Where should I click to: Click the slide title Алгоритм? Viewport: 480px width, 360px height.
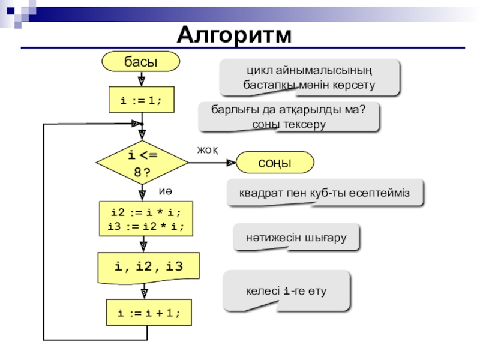[x=234, y=35]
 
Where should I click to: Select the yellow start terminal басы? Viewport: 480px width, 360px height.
[x=141, y=62]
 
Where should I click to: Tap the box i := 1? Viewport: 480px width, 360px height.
[x=142, y=100]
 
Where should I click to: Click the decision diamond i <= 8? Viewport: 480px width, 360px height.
[x=142, y=163]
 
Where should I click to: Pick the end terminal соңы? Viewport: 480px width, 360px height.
[x=275, y=162]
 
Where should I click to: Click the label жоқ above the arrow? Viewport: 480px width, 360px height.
[x=208, y=150]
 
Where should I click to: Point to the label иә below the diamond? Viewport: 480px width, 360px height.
[x=166, y=191]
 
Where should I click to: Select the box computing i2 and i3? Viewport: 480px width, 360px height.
[x=146, y=219]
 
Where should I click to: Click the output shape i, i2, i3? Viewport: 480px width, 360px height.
[x=148, y=268]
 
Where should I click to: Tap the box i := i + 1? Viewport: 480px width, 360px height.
[x=149, y=313]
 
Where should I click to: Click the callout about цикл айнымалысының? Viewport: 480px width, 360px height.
[x=310, y=78]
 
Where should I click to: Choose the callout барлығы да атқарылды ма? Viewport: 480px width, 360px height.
[x=289, y=117]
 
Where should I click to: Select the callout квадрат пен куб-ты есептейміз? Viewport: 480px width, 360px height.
[x=325, y=193]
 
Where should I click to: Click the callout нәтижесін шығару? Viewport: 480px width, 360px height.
[x=296, y=238]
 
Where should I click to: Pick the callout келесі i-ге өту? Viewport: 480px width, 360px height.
[x=286, y=291]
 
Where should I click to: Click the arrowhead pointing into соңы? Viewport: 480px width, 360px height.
[x=231, y=163]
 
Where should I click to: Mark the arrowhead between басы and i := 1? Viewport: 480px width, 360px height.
[x=142, y=81]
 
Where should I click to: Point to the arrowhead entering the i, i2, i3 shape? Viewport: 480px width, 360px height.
[x=143, y=247]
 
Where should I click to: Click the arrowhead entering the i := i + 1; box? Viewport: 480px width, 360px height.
[x=145, y=294]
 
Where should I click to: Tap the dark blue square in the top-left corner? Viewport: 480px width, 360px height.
[x=10, y=11]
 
